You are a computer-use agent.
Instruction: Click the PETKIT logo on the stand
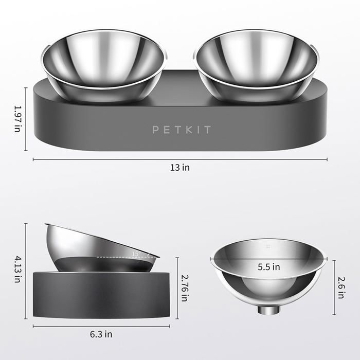pyautogui.click(x=181, y=130)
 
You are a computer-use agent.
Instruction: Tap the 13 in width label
pyautogui.click(x=179, y=168)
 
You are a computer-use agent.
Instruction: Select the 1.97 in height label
pyautogui.click(x=17, y=118)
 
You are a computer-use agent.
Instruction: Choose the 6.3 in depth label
pyautogui.click(x=101, y=334)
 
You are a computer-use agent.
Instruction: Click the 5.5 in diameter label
pyautogui.click(x=268, y=267)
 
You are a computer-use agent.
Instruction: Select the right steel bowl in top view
pyautogui.click(x=256, y=64)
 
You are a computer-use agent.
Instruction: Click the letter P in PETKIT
pyautogui.click(x=155, y=130)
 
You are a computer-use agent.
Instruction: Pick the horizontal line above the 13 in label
pyautogui.click(x=179, y=159)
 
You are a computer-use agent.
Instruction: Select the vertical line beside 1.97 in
pyautogui.click(x=26, y=118)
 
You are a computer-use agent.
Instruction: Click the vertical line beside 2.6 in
pyautogui.click(x=335, y=288)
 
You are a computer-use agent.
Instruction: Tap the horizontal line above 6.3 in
pyautogui.click(x=101, y=326)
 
